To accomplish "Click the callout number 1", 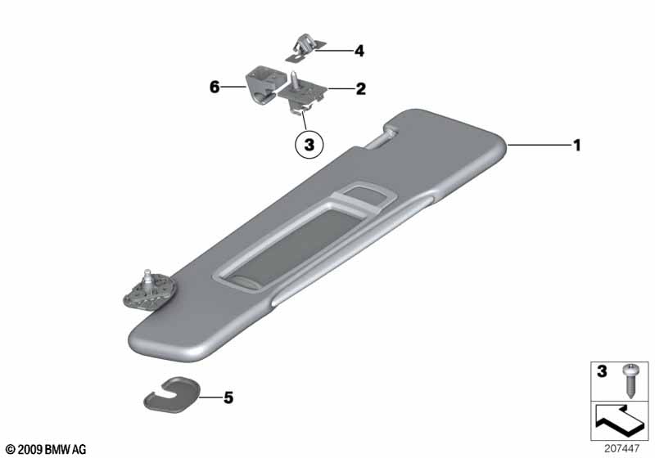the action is (x=577, y=146).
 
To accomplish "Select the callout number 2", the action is (x=360, y=89).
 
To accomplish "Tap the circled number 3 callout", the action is (x=309, y=145).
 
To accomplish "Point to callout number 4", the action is (x=359, y=51).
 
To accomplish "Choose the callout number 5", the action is (x=228, y=397).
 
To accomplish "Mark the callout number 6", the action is (x=215, y=88).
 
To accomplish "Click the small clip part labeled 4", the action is (x=305, y=49).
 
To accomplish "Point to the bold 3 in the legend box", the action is (x=602, y=371).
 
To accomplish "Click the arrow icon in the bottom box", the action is (x=620, y=420).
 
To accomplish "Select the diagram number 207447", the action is (x=621, y=448).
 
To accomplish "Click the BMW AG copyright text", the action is (x=46, y=449).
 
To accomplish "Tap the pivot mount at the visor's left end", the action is (x=150, y=289).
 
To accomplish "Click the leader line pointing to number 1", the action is (x=540, y=145).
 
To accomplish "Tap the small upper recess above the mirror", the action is (x=363, y=195).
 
